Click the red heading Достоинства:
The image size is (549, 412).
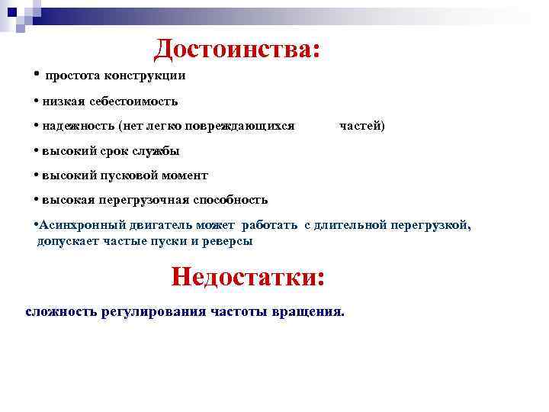click(236, 50)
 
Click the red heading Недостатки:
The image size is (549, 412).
click(249, 275)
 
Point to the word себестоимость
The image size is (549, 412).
click(133, 101)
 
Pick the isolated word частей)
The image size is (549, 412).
click(362, 125)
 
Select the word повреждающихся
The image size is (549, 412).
click(243, 125)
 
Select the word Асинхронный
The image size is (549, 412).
click(79, 226)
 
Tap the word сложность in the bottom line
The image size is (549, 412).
click(62, 312)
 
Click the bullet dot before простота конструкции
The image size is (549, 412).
click(37, 75)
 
